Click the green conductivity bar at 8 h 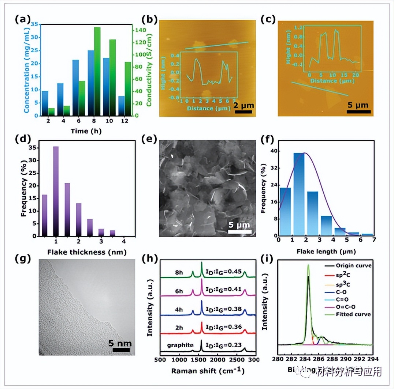click(x=97, y=71)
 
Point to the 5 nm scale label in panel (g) click(x=120, y=343)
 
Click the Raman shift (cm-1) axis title click(x=208, y=370)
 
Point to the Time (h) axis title click(x=86, y=131)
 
